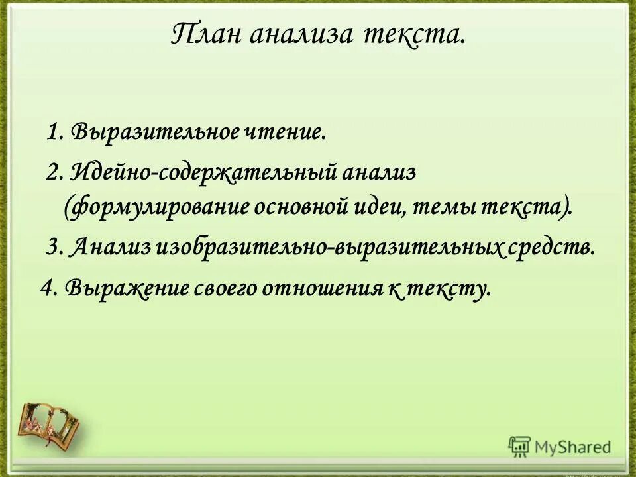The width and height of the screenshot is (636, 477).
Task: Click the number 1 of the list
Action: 52,131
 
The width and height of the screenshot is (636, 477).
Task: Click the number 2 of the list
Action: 54,173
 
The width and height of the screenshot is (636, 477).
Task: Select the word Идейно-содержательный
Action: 204,173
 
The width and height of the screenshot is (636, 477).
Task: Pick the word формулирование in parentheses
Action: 156,207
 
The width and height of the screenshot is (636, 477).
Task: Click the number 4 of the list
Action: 47,287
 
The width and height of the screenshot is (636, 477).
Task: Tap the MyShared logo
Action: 560,445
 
